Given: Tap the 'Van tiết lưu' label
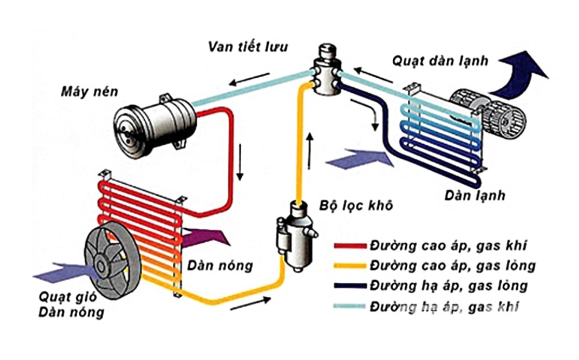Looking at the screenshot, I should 248,46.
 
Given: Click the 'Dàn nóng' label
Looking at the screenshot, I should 228,266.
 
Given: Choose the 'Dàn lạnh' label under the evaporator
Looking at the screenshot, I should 475,196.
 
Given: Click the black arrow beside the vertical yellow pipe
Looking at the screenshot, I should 310,151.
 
